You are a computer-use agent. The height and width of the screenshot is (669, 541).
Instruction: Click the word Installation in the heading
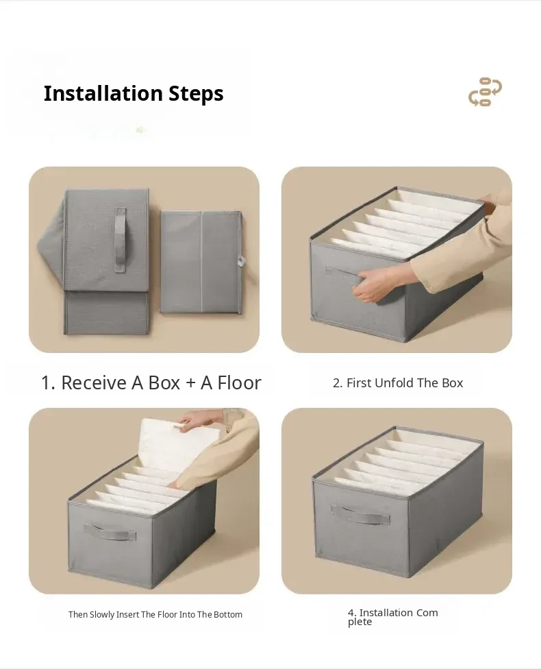103,93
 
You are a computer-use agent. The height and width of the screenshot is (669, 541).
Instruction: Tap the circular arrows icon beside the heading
485,92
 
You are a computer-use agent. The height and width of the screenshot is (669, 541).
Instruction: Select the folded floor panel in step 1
201,263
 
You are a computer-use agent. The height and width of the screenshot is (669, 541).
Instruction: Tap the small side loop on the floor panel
242,261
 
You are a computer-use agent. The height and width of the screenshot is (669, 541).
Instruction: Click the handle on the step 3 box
110,532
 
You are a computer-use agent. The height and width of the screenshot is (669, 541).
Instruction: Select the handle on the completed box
361,515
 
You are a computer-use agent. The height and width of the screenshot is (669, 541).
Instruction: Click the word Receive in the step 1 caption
94,382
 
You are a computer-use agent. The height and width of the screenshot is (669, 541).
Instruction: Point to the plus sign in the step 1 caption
190,384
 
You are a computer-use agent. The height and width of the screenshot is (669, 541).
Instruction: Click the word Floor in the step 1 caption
239,382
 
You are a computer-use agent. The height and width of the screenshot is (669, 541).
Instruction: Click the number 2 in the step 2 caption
337,383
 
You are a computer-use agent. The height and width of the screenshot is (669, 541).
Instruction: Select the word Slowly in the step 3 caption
102,615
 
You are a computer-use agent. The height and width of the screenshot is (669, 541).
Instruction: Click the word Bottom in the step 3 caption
228,614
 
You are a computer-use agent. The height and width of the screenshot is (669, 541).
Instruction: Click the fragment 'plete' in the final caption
360,622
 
